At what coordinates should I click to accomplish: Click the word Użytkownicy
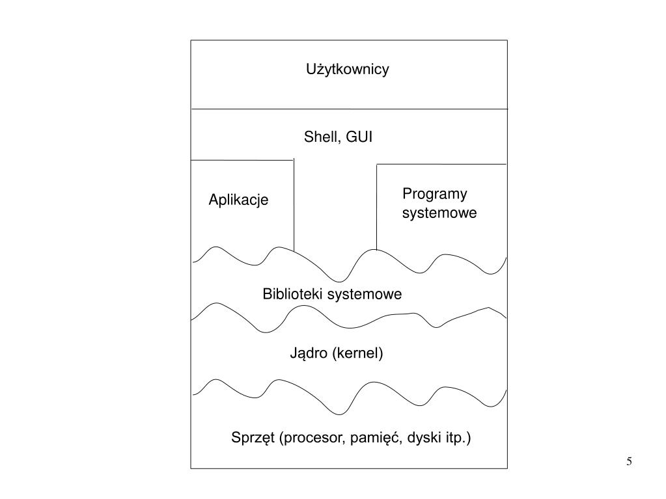pos(348,70)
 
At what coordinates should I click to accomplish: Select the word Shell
pos(320,137)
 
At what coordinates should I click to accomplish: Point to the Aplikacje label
pos(238,200)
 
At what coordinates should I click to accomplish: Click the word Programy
pos(435,194)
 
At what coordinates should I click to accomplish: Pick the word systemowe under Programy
pos(439,213)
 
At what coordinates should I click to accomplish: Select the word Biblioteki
pos(293,294)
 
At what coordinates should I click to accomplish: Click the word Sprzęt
pos(253,438)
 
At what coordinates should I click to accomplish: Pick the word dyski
pos(424,438)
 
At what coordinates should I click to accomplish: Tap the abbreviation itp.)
pos(458,438)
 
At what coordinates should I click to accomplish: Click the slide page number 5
pos(629,462)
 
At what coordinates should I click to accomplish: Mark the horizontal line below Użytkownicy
pos(348,109)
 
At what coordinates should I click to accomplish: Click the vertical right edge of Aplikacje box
pos(294,205)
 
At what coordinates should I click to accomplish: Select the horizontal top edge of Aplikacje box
pos(242,160)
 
